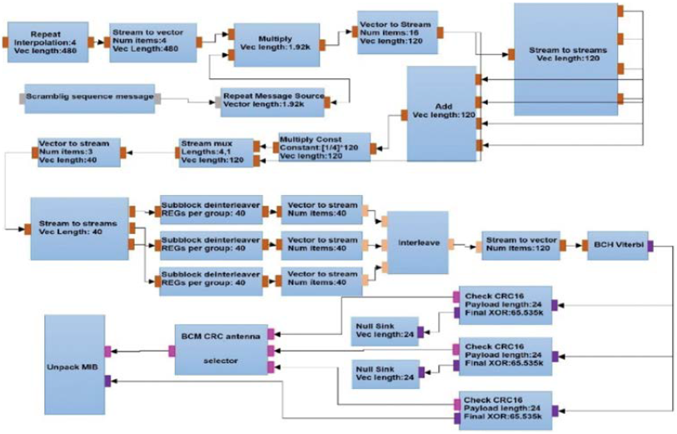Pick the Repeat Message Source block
tap(273, 100)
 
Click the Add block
tap(441, 113)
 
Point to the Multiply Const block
tap(323, 147)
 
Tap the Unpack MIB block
tap(75, 364)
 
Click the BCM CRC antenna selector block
tap(222, 349)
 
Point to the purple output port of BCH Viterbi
tap(651, 244)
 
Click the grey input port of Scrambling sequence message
tap(22, 97)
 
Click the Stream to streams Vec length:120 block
tap(565, 54)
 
